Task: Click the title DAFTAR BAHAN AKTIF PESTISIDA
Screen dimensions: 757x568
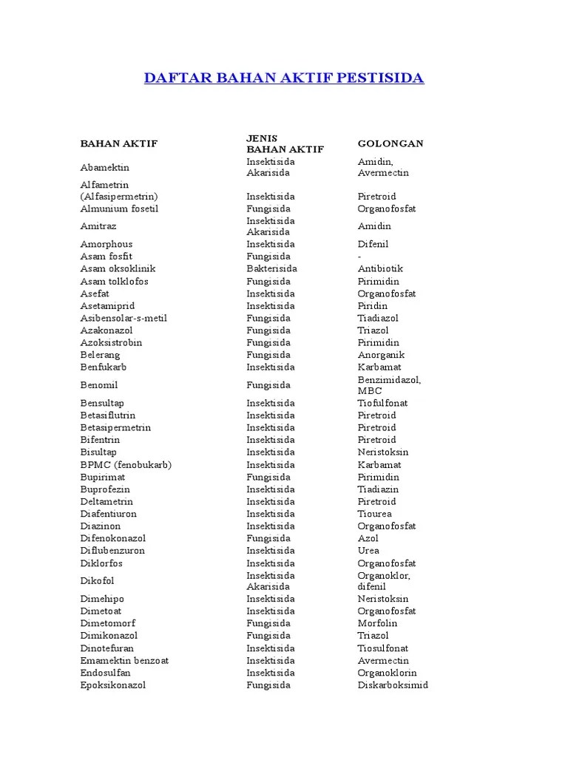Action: pyautogui.click(x=284, y=78)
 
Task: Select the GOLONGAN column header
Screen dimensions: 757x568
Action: pyautogui.click(x=390, y=143)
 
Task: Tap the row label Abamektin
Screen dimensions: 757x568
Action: pyautogui.click(x=104, y=167)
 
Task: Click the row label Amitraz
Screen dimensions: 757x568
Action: pyautogui.click(x=98, y=226)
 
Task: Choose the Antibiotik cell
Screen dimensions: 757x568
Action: pyautogui.click(x=381, y=269)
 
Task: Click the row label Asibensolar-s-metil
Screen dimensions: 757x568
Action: pyautogui.click(x=124, y=318)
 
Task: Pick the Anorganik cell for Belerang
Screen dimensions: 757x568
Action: pyautogui.click(x=382, y=355)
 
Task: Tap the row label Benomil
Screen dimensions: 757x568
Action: pyautogui.click(x=99, y=385)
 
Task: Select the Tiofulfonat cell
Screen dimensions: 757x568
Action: pyautogui.click(x=383, y=403)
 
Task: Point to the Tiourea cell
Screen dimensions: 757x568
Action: pyautogui.click(x=376, y=514)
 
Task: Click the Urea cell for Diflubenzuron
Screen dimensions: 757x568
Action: pyautogui.click(x=368, y=551)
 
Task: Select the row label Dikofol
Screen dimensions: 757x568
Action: pyautogui.click(x=98, y=581)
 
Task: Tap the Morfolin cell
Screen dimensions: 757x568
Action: pyautogui.click(x=378, y=624)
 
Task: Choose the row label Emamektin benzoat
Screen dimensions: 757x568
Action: pyautogui.click(x=125, y=661)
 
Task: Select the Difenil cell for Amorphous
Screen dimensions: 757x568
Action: pyautogui.click(x=373, y=245)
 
